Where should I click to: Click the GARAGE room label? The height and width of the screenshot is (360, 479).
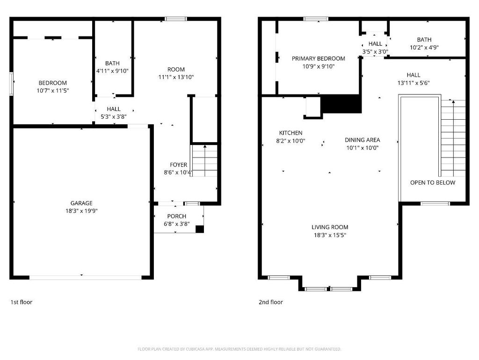[x=81, y=203]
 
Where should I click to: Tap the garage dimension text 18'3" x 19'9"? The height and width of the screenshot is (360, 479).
[x=81, y=211]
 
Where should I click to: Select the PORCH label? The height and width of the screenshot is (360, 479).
[x=176, y=216]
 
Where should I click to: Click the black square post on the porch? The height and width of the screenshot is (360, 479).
[x=199, y=229]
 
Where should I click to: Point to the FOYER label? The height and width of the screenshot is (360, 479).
[x=178, y=165]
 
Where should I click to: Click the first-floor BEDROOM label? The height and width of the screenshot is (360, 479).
[x=52, y=83]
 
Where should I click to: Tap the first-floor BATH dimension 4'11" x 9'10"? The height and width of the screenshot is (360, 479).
[x=112, y=71]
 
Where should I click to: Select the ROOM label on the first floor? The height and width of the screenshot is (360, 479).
[x=176, y=69]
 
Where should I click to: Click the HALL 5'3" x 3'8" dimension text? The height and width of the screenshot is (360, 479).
[x=114, y=116]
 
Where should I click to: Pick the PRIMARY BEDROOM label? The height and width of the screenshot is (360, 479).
[x=318, y=58]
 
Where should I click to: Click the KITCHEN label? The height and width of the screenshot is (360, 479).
[x=291, y=133]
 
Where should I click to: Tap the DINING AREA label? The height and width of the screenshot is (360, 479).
[x=363, y=140]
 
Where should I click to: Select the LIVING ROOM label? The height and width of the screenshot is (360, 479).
[x=330, y=227]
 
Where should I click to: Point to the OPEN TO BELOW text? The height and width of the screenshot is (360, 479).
[x=433, y=183]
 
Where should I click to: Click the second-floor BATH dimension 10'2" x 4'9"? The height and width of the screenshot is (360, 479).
[x=424, y=48]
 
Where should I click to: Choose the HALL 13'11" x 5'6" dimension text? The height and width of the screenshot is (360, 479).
[x=414, y=83]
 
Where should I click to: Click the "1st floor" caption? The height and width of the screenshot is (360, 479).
[x=22, y=302]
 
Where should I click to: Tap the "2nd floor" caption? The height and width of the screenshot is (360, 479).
[x=271, y=302]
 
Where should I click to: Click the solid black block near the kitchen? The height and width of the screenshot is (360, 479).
[x=341, y=104]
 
